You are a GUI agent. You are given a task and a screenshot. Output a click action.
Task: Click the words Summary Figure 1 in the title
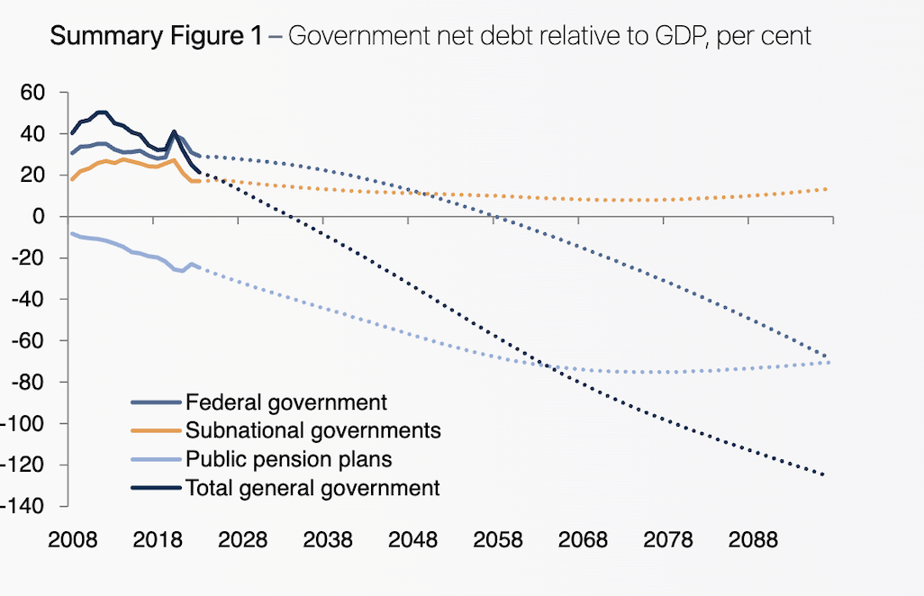[x=156, y=37]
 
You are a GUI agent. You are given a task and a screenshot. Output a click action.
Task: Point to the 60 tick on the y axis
[x=33, y=93]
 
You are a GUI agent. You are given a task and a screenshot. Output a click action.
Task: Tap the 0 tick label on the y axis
[x=39, y=217]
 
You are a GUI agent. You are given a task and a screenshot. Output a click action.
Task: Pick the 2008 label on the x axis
[x=73, y=540]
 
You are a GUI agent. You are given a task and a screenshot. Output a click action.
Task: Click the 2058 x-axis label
[x=498, y=540]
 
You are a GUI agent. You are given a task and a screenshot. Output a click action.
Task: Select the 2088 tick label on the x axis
[x=753, y=540]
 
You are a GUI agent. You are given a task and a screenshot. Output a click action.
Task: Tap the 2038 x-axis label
[x=328, y=540]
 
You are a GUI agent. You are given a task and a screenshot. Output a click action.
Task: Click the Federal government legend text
[x=285, y=402]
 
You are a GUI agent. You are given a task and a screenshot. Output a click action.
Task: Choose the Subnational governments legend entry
[x=313, y=430]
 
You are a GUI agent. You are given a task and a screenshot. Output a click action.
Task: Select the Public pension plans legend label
[x=288, y=459]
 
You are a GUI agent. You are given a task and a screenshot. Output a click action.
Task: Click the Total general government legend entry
[x=313, y=488]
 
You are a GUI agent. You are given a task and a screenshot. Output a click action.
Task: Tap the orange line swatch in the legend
[x=157, y=431]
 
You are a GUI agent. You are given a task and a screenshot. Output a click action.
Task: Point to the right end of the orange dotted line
[x=826, y=189]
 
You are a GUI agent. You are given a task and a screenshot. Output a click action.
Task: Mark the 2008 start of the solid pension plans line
[x=71, y=233]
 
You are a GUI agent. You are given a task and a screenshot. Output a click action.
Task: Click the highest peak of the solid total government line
[x=102, y=113]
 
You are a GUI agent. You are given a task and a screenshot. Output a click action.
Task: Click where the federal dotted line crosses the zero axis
[x=494, y=217]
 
